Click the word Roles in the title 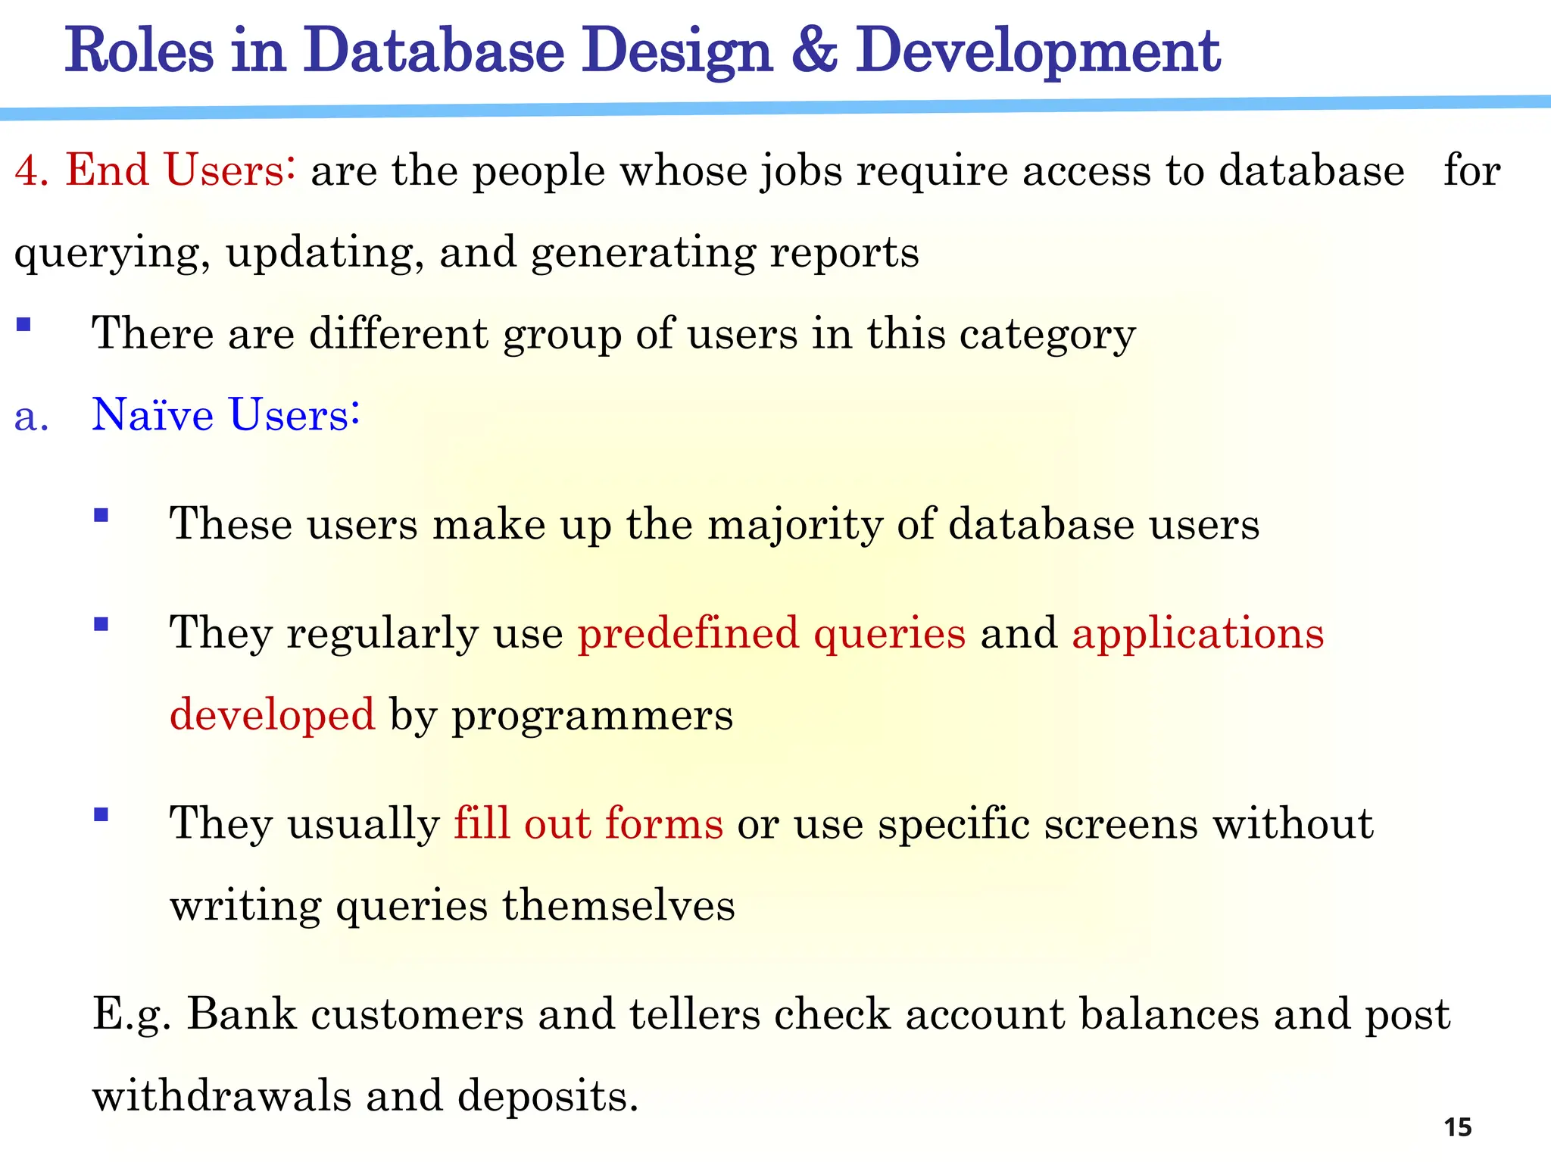pos(139,50)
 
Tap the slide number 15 pos(1457,1127)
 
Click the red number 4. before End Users pos(31,170)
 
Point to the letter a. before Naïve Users pos(31,417)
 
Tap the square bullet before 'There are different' pos(23,325)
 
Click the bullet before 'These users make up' pos(101,516)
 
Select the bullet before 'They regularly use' pos(101,625)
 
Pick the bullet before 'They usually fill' pos(101,815)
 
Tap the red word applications pos(1197,633)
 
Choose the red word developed pos(272,715)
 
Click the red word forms pos(664,823)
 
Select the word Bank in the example pos(241,1014)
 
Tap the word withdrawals pos(221,1096)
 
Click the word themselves pos(618,905)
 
